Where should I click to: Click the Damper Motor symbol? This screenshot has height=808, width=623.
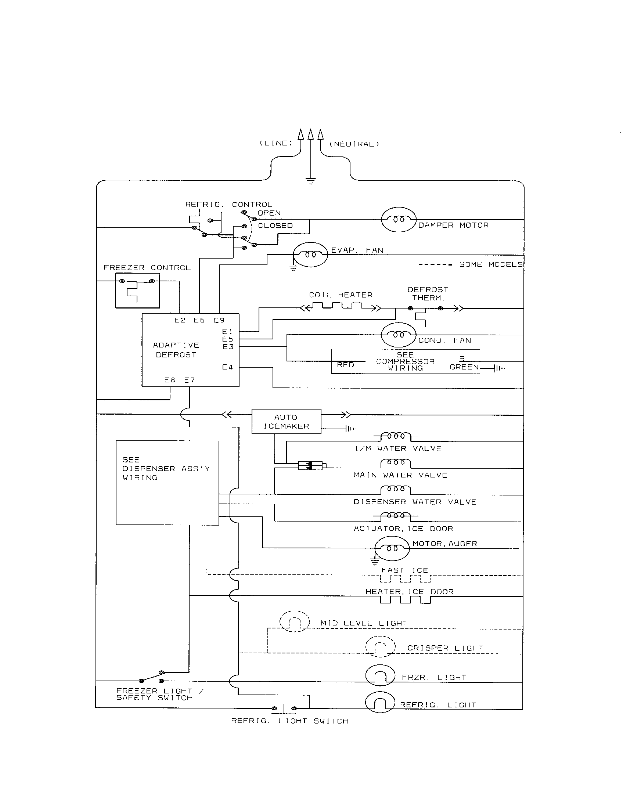[399, 219]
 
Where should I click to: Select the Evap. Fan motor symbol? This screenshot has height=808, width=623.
[310, 255]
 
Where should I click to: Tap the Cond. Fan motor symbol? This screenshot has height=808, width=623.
[398, 335]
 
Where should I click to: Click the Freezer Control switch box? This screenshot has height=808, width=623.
[137, 291]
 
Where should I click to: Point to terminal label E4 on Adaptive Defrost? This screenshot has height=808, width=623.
[227, 367]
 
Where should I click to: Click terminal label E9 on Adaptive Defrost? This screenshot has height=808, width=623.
[219, 320]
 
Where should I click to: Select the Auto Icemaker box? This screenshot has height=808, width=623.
[287, 421]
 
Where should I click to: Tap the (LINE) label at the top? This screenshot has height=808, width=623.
[276, 143]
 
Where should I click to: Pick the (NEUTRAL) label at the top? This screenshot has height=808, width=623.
[354, 144]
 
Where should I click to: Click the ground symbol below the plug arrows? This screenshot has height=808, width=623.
[310, 181]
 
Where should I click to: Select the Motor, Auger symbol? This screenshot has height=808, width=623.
[392, 548]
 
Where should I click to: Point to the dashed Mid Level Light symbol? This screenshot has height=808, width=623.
[295, 621]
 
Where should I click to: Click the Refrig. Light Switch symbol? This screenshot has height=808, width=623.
[284, 708]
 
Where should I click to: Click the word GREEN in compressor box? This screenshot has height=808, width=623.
[464, 367]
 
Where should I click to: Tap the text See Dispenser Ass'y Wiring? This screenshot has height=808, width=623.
[166, 469]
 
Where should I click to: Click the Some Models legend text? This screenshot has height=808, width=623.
[490, 264]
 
